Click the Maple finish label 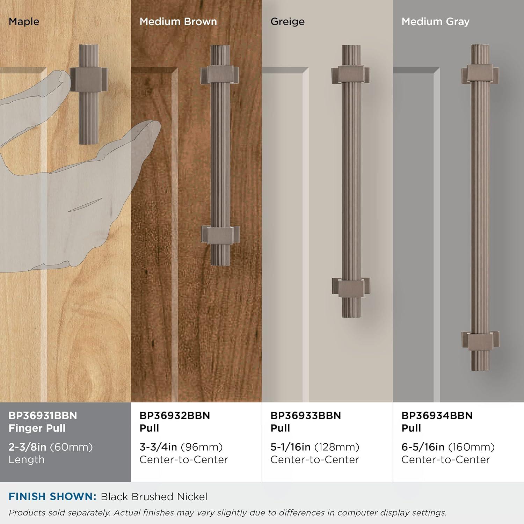pyautogui.click(x=24, y=22)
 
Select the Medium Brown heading pyautogui.click(x=178, y=22)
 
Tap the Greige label pyautogui.click(x=288, y=22)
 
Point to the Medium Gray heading pyautogui.click(x=435, y=22)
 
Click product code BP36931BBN pyautogui.click(x=43, y=415)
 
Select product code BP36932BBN pyautogui.click(x=175, y=415)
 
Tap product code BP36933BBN pyautogui.click(x=306, y=415)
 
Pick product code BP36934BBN pyautogui.click(x=437, y=415)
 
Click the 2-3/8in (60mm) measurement pyautogui.click(x=51, y=447)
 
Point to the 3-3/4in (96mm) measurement pyautogui.click(x=181, y=447)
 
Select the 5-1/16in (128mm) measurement pyautogui.click(x=315, y=447)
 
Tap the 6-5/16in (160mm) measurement pyautogui.click(x=448, y=447)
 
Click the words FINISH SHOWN pyautogui.click(x=52, y=496)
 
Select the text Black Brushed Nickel pyautogui.click(x=154, y=496)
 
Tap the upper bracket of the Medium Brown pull pyautogui.click(x=220, y=74)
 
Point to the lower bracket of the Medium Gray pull pyautogui.click(x=481, y=340)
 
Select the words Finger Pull pyautogui.click(x=37, y=428)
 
